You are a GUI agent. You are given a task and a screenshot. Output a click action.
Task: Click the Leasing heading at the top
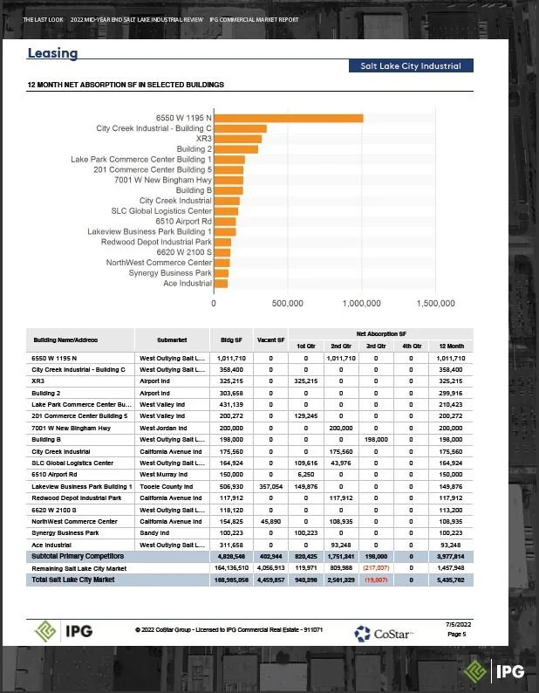(x=52, y=53)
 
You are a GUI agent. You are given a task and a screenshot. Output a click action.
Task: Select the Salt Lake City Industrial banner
(x=410, y=65)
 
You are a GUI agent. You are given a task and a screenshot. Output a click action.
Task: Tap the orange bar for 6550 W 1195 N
(x=288, y=118)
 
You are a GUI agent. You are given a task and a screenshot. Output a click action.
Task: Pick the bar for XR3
(x=237, y=139)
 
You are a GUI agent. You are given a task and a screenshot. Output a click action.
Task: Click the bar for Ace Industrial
(x=221, y=283)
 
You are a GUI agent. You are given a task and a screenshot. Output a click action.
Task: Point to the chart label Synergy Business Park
(x=170, y=272)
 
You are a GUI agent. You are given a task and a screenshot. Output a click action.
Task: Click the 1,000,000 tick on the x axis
(x=362, y=304)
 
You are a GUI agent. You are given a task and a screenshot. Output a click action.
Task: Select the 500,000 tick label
(x=288, y=304)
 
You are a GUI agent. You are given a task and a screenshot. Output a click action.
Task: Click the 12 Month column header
(x=451, y=344)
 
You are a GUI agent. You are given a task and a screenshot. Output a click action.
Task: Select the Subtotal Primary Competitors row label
(x=78, y=555)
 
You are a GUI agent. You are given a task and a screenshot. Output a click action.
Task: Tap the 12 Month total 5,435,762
(x=451, y=579)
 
